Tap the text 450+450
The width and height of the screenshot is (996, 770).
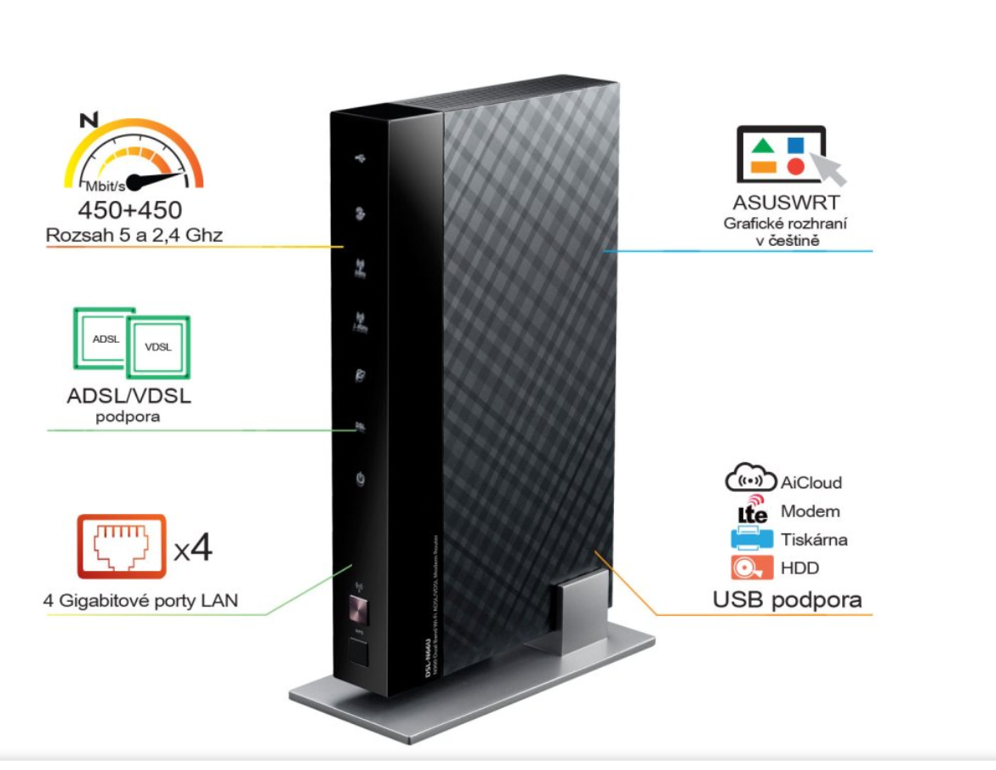pyautogui.click(x=130, y=209)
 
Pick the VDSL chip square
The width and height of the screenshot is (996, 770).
pyautogui.click(x=158, y=347)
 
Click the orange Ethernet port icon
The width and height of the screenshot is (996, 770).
pyautogui.click(x=122, y=545)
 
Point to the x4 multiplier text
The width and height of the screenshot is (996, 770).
pyautogui.click(x=193, y=549)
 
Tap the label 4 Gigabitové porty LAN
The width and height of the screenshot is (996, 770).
pyautogui.click(x=141, y=602)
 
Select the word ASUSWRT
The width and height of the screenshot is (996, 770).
pyautogui.click(x=786, y=202)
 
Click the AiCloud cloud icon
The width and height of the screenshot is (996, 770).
pyautogui.click(x=751, y=480)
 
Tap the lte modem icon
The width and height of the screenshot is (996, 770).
pyautogui.click(x=753, y=510)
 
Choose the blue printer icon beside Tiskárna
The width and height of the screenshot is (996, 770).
pyautogui.click(x=751, y=539)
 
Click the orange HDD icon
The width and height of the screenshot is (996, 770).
pyautogui.click(x=751, y=568)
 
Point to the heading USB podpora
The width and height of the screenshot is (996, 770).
pyautogui.click(x=787, y=600)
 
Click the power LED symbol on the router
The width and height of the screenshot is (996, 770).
pyautogui.click(x=361, y=481)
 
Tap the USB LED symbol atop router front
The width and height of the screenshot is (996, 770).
pyautogui.click(x=360, y=159)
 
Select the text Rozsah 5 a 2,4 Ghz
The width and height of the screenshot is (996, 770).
pyautogui.click(x=134, y=236)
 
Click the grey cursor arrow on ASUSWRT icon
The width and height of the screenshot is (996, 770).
pyautogui.click(x=829, y=168)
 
